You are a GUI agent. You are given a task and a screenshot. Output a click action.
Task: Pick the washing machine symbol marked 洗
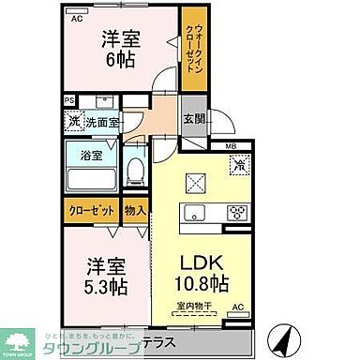pyautogui.click(x=73, y=121)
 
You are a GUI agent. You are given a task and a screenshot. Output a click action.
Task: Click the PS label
pyautogui.click(x=69, y=100)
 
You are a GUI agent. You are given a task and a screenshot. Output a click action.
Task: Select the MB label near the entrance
pyautogui.click(x=229, y=145)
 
